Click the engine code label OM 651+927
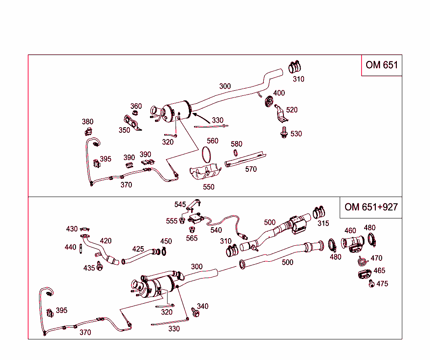tap(371, 207)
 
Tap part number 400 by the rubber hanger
tap(279, 93)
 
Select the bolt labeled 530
tap(284, 133)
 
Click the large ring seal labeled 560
tap(206, 154)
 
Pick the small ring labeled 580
tap(236, 153)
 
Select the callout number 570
tap(251, 169)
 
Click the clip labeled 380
tap(87, 132)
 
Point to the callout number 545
tap(180, 205)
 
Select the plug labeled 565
tap(192, 230)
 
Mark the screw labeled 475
tap(371, 284)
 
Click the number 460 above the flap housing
tap(350, 231)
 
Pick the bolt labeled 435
tap(100, 267)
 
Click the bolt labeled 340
tap(195, 313)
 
